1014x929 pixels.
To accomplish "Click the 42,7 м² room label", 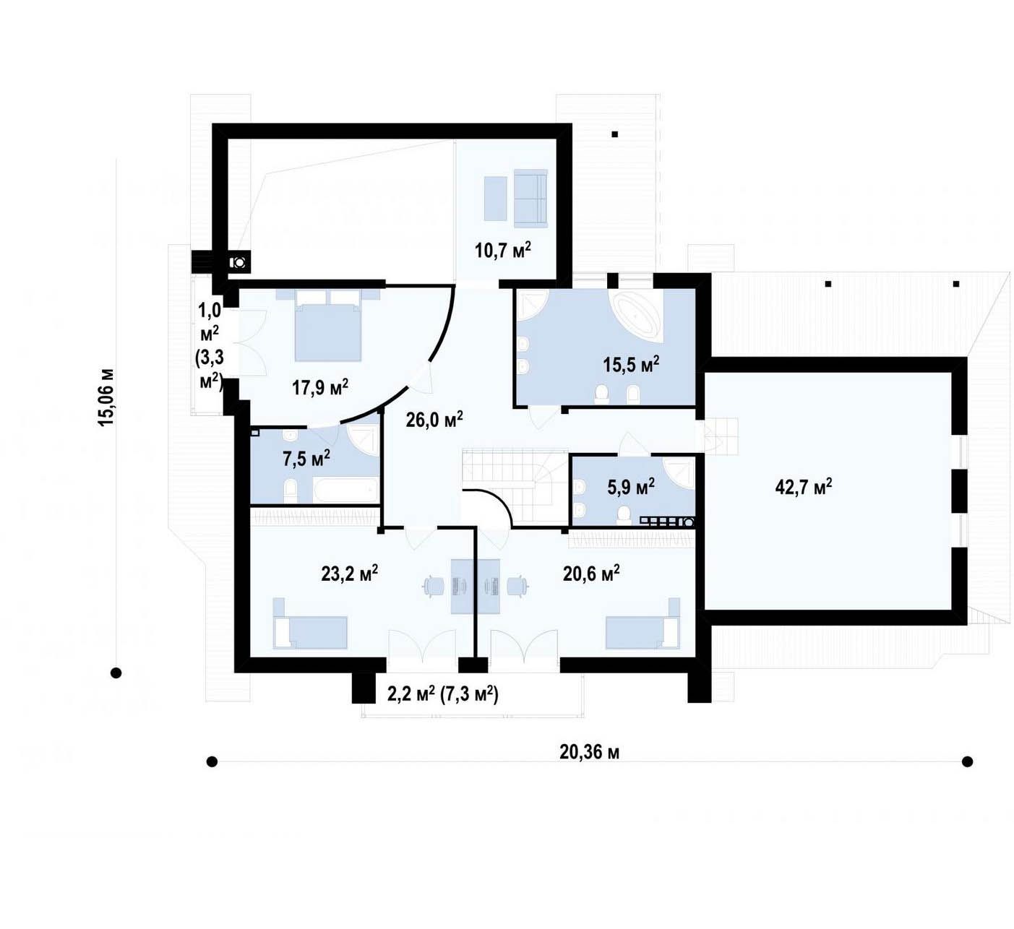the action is coord(803,487).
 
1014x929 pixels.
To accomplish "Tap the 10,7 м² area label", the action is coord(503,250).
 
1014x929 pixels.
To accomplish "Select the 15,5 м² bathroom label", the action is coord(631,364).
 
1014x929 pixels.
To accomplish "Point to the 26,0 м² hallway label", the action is coord(434,420).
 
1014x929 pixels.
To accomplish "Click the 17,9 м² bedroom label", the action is coord(320,388).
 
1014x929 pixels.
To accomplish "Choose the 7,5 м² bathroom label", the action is coord(306,459).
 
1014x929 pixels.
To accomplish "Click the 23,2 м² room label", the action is coord(349,574).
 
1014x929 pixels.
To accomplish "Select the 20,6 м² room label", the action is coord(591,574).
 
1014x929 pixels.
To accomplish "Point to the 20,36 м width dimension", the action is coord(590,752).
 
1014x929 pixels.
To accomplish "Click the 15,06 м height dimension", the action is coord(107,398).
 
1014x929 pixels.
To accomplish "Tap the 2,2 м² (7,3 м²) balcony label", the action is coord(443,694).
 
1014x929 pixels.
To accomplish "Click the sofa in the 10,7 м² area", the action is coord(530,198).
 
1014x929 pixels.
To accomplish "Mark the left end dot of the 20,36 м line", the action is coord(212,761).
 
